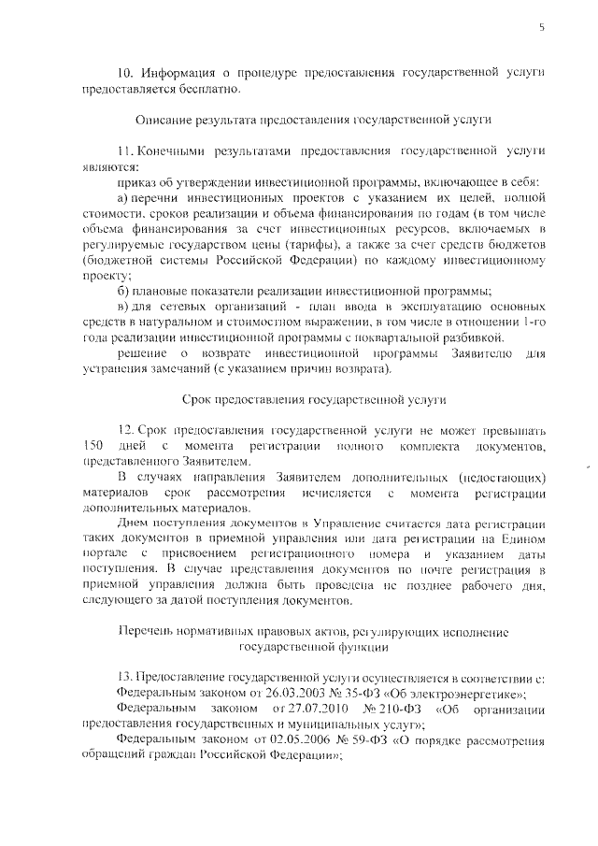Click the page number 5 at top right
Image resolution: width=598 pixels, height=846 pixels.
[x=541, y=27]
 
